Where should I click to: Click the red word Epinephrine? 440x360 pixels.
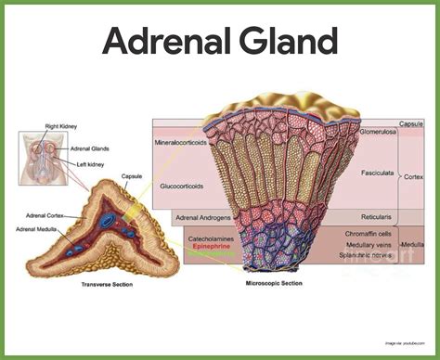coord(212,248)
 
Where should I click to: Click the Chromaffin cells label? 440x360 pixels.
coord(366,235)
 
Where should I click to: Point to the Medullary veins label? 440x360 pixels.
coord(366,245)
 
